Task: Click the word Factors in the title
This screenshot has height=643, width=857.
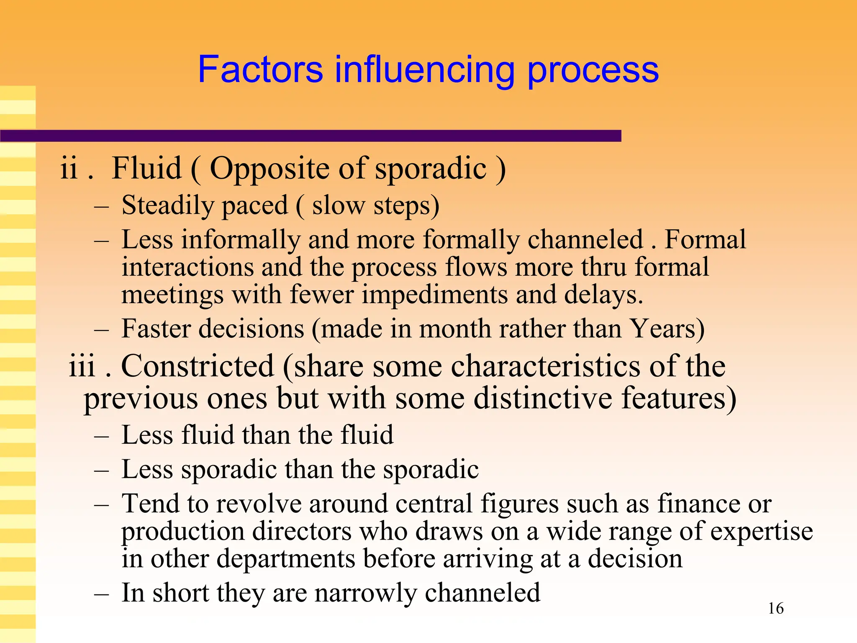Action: coord(260,69)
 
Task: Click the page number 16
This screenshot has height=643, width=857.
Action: coord(776,608)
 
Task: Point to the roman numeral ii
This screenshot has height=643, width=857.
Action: coord(69,168)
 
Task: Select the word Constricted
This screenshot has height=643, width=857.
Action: coord(197,366)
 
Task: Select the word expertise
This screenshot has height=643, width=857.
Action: coord(761,531)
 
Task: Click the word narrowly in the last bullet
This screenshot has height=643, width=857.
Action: coord(365,593)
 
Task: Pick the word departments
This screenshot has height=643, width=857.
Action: coord(285,559)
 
